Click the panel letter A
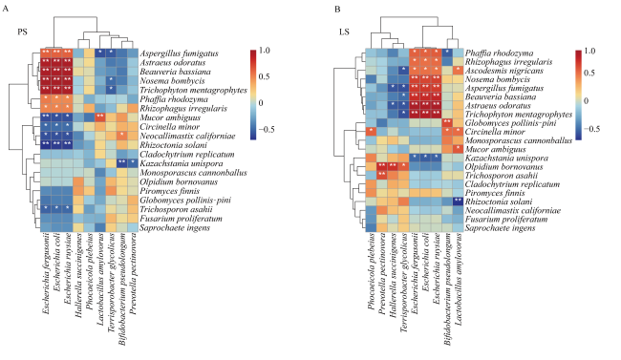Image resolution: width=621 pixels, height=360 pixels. [5, 9]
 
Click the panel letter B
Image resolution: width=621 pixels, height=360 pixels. [337, 9]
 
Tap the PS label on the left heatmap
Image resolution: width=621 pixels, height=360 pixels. [23, 32]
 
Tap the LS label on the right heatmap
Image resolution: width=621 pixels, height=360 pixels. [344, 32]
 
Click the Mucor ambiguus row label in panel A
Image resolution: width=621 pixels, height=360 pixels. [170, 117]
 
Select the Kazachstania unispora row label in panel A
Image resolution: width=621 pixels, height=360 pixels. [182, 163]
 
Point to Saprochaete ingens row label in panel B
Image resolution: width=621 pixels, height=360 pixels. [501, 227]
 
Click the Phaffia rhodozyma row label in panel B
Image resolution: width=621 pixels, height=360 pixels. [500, 53]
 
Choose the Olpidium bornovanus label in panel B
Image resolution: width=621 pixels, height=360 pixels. [504, 167]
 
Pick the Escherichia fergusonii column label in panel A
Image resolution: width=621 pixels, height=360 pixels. [47, 274]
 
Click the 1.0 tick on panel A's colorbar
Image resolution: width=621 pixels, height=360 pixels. [264, 51]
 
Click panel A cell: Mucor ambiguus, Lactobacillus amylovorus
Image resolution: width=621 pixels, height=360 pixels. [100, 117]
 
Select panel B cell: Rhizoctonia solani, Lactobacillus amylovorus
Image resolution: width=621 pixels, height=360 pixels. [459, 201]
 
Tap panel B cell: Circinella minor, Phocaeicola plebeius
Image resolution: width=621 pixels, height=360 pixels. [372, 132]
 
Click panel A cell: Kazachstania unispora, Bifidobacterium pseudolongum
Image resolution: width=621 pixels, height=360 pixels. [122, 163]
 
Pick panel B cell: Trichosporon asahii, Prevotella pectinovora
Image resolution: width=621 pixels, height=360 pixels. [382, 176]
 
